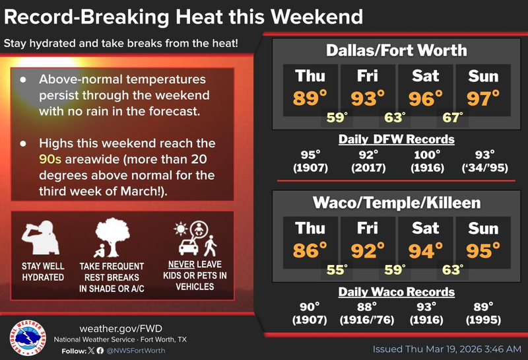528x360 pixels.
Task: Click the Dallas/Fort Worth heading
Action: tap(396, 50)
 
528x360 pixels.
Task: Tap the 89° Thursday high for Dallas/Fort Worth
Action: tap(311, 98)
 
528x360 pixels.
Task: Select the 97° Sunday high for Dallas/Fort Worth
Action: tap(483, 98)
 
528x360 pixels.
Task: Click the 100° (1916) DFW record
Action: tap(426, 161)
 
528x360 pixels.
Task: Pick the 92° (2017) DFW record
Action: tap(368, 161)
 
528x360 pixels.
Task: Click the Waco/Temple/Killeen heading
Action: tap(396, 202)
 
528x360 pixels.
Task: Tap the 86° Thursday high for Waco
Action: tap(311, 250)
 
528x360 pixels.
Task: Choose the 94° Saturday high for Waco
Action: tap(426, 250)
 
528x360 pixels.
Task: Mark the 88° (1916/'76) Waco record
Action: tap(368, 313)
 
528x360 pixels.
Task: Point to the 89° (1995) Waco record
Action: tap(483, 313)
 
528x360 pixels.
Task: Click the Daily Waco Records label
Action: tap(396, 291)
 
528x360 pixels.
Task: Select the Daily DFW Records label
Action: tap(396, 139)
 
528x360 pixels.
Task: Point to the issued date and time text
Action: tap(447, 349)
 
